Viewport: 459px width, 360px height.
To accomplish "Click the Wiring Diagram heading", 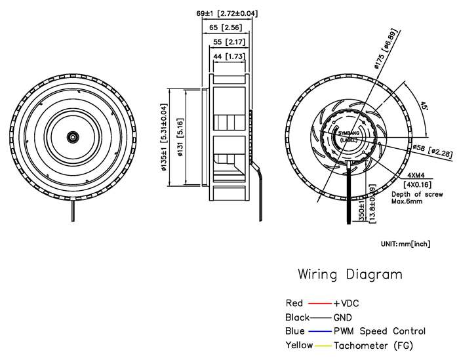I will pyautogui.click(x=350, y=274).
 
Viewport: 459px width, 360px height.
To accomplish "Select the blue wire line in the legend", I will pyautogui.click(x=320, y=331).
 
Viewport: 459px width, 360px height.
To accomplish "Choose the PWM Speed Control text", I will pyautogui.click(x=380, y=331).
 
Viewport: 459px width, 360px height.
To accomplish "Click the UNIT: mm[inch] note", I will pyautogui.click(x=405, y=244).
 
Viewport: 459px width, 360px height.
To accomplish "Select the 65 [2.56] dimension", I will pyautogui.click(x=226, y=28).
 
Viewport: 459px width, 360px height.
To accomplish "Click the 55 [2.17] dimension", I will pyautogui.click(x=226, y=43).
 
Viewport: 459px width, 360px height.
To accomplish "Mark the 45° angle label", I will pyautogui.click(x=424, y=106).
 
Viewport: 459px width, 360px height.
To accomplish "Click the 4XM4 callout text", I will pyautogui.click(x=416, y=176).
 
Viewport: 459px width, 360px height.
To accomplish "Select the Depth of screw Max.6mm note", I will pyautogui.click(x=415, y=198).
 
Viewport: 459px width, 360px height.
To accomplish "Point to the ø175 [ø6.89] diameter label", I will pyautogui.click(x=384, y=51).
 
